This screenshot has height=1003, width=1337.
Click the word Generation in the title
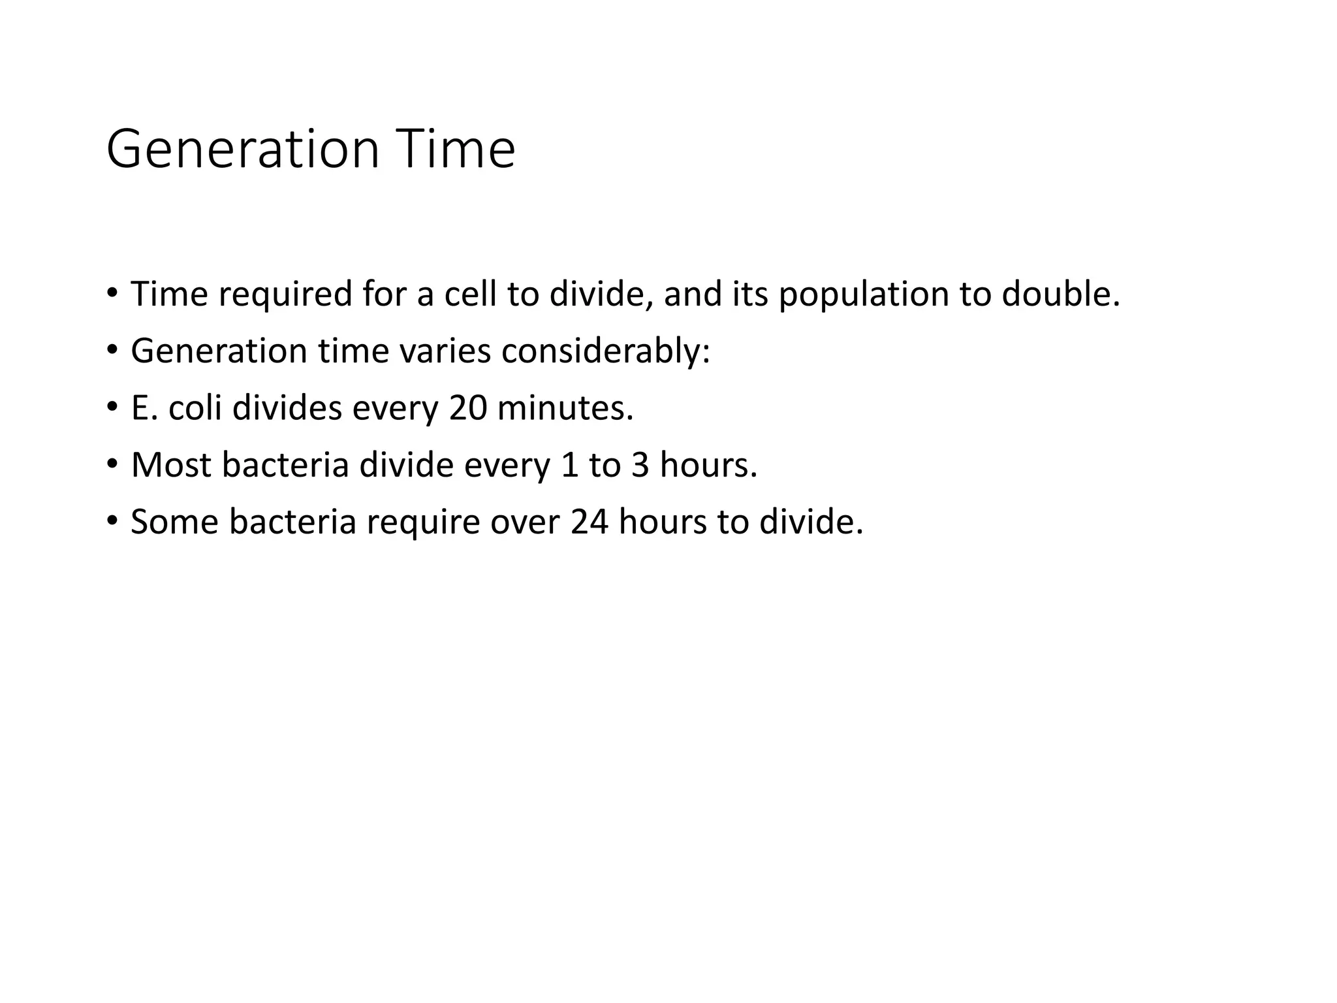click(x=242, y=150)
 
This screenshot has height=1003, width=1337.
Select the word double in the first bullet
click(x=1061, y=295)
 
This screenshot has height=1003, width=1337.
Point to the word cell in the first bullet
click(x=470, y=295)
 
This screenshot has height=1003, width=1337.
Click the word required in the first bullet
click(x=285, y=295)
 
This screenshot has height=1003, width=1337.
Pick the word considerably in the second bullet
click(x=605, y=351)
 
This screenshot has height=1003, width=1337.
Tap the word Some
click(x=174, y=522)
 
